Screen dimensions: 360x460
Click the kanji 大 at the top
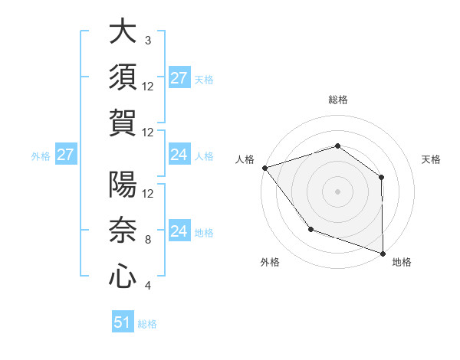click(x=123, y=32)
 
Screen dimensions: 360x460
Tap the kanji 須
click(x=123, y=77)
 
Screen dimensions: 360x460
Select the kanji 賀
click(x=123, y=123)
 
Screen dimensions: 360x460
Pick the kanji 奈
click(x=123, y=231)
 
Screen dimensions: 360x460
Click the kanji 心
click(x=123, y=277)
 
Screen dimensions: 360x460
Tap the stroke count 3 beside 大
click(x=147, y=40)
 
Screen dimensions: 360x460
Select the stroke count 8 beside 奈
click(x=147, y=239)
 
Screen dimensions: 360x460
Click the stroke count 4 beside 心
click(x=147, y=286)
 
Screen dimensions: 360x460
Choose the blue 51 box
click(x=123, y=322)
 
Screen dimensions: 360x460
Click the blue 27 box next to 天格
click(x=179, y=78)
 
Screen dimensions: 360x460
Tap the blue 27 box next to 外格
click(x=65, y=155)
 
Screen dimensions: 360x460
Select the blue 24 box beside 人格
click(x=179, y=155)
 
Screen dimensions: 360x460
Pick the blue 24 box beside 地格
click(x=179, y=231)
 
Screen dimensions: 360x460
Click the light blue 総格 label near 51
click(x=147, y=324)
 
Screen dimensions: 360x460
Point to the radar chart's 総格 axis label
click(x=338, y=100)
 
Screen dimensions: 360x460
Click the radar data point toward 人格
click(x=264, y=168)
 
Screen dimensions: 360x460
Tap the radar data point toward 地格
click(x=383, y=252)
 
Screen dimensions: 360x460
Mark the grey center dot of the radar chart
click(x=337, y=191)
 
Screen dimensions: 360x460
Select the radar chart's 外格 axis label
click(x=270, y=262)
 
